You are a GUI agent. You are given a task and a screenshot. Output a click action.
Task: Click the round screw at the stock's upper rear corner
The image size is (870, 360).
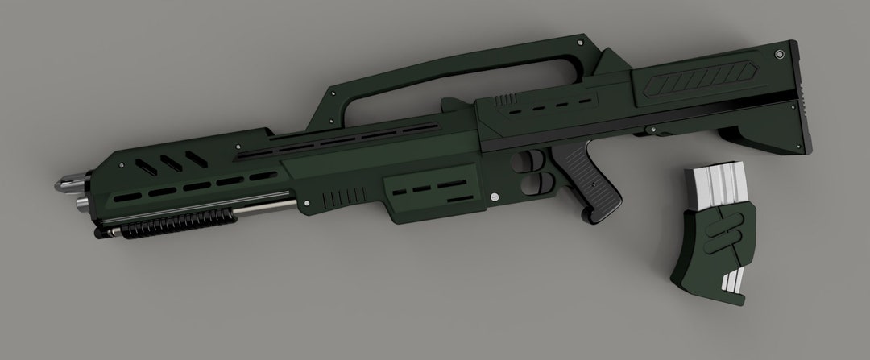779,55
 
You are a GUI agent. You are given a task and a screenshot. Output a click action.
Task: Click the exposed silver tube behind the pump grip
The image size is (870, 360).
266,210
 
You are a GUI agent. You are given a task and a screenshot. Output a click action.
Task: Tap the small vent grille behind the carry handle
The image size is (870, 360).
506,98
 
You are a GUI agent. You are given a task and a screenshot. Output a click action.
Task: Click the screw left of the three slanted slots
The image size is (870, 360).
122,164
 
